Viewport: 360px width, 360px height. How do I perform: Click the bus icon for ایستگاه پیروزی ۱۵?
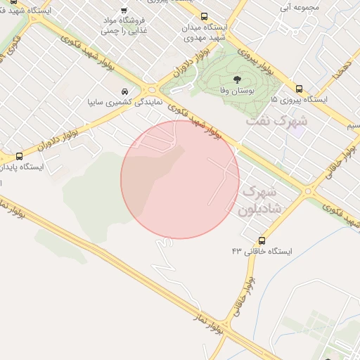coord(300,89)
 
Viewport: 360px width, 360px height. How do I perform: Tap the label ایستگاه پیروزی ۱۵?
coord(300,101)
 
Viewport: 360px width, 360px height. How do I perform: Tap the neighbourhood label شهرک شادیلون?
coord(259,200)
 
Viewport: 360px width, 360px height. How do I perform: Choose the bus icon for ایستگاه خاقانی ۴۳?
coord(262,240)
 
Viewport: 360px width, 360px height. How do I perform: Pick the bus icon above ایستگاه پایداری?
coord(19,156)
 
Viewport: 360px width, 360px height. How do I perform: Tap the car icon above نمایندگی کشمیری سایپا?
coord(124,91)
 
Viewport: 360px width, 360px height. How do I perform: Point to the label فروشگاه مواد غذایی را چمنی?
coord(124,25)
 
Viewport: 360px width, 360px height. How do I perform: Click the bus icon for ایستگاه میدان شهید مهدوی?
coord(204,16)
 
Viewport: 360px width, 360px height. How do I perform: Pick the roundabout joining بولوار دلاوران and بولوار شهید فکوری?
coord(150,89)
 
